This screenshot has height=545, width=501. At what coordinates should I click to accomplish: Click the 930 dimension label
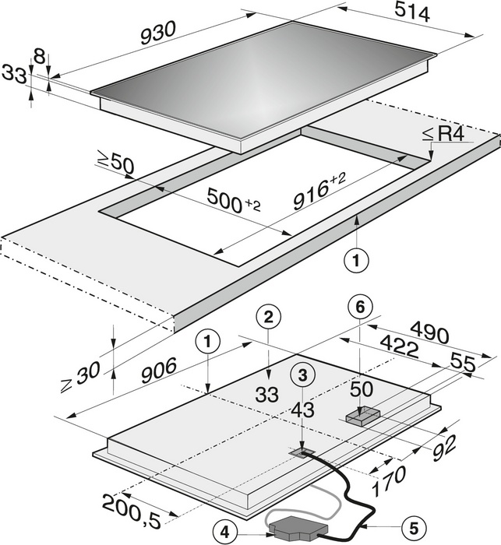click(x=159, y=33)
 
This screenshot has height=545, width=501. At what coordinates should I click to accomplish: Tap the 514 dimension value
click(x=412, y=13)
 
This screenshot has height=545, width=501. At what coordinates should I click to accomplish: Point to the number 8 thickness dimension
click(x=39, y=56)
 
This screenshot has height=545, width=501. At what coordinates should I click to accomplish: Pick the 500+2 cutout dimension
click(x=233, y=201)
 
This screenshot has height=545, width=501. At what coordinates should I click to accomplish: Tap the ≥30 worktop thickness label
click(x=80, y=376)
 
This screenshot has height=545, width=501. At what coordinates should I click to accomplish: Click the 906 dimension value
click(x=159, y=371)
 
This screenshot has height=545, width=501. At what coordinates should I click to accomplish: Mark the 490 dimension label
click(x=429, y=332)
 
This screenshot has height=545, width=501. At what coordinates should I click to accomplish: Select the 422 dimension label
click(x=400, y=346)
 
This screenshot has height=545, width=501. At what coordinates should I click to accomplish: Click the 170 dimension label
click(x=389, y=480)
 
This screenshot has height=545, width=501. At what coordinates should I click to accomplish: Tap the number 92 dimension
click(x=444, y=448)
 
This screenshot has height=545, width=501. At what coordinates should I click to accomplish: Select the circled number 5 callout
click(x=414, y=529)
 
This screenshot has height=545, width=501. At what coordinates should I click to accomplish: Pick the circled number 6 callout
click(x=360, y=307)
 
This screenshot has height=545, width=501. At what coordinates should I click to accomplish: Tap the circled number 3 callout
click(x=303, y=374)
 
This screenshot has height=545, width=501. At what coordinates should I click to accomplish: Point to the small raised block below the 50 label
click(x=363, y=416)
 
